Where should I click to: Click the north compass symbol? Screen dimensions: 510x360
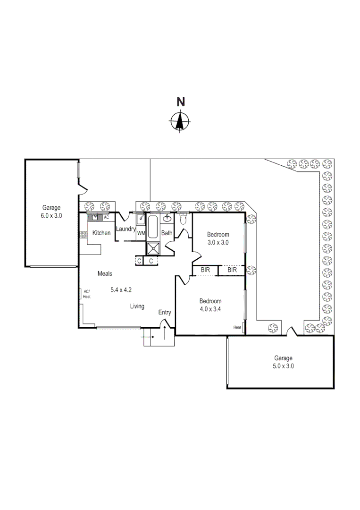(180, 122)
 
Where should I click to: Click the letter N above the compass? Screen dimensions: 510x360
(180, 101)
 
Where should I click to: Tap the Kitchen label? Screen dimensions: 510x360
(101, 233)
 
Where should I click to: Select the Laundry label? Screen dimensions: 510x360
(126, 229)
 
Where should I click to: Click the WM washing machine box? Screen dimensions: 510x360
(141, 233)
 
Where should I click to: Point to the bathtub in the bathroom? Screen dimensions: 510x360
(153, 227)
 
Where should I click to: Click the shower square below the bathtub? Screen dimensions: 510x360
(153, 248)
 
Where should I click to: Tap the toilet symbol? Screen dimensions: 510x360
(184, 220)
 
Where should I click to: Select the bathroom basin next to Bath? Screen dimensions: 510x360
(167, 218)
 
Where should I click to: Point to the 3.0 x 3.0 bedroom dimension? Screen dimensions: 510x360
(218, 243)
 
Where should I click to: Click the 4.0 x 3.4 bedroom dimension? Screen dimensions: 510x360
(210, 310)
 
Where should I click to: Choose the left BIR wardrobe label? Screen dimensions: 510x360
(205, 270)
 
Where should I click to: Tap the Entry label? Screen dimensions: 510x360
(165, 312)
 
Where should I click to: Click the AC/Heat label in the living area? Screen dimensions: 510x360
(87, 294)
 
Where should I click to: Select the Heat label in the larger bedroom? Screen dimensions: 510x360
(237, 327)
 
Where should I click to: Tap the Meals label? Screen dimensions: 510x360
(105, 273)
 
